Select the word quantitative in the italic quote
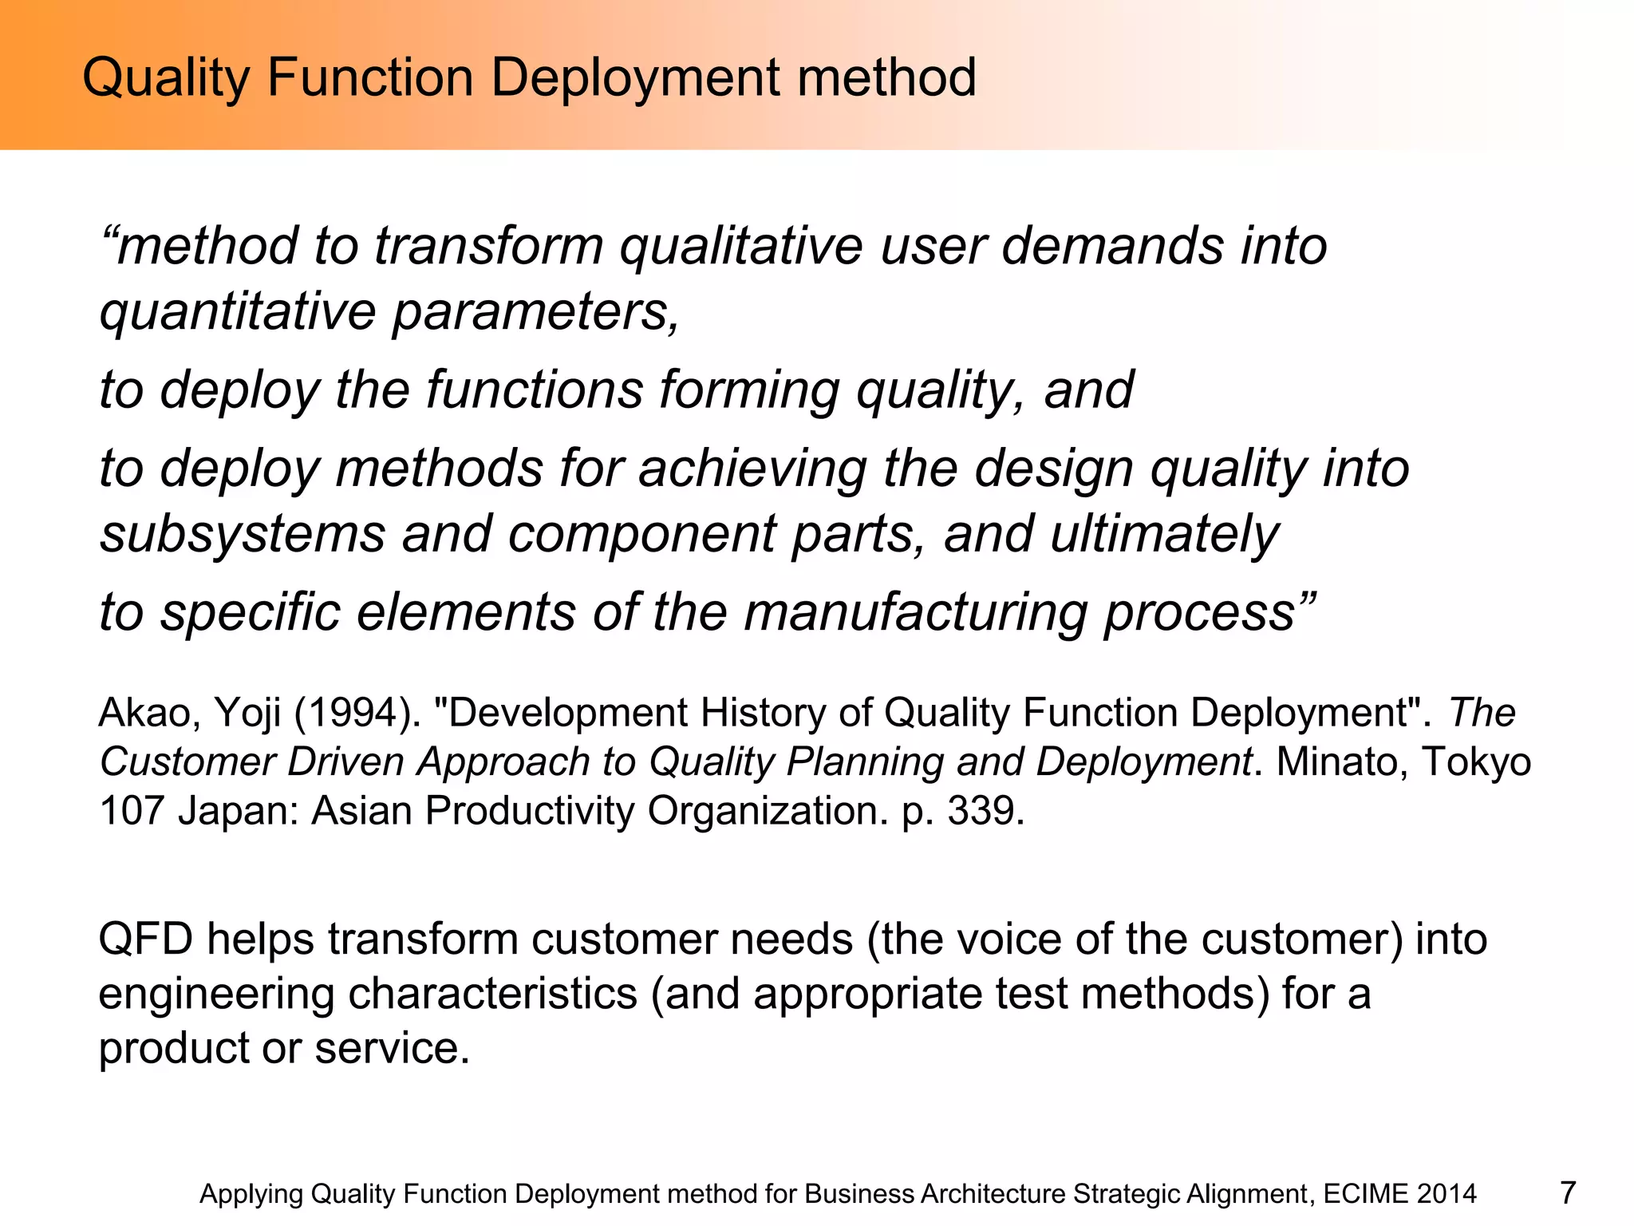pos(238,311)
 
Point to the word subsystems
pos(243,534)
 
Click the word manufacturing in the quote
pos(916,613)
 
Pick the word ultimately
pos(1164,534)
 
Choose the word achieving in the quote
pos(752,469)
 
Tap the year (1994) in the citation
pos(357,713)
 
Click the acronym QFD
pos(145,939)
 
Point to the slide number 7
pos(1568,1193)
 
